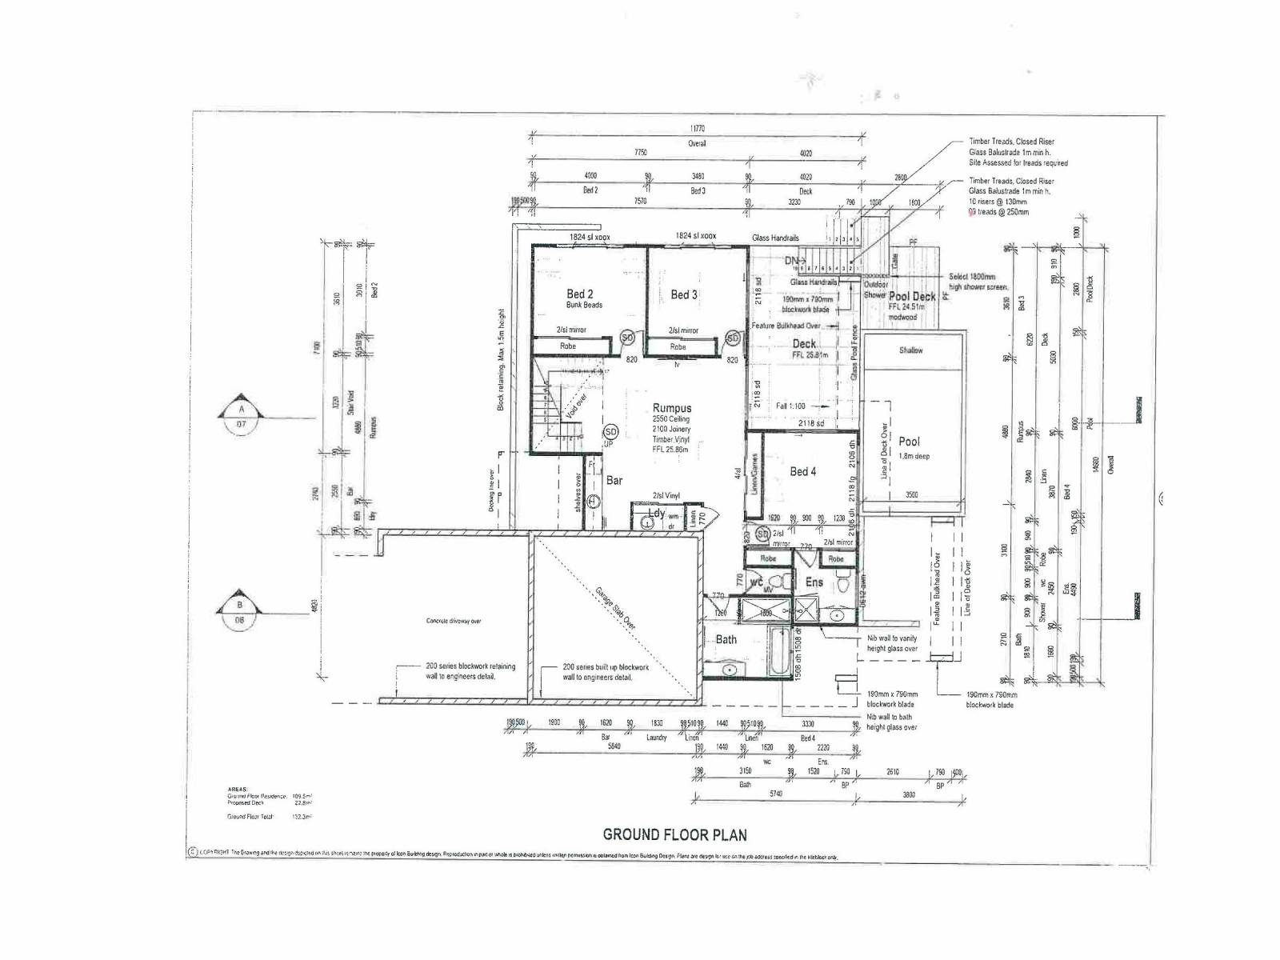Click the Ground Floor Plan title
(x=674, y=834)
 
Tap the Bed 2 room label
(x=580, y=294)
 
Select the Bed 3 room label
(x=684, y=294)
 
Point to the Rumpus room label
(x=672, y=408)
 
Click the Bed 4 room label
(x=802, y=472)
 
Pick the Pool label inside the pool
(x=909, y=441)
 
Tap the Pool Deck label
(x=912, y=296)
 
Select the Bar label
(x=614, y=481)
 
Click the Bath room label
(x=726, y=639)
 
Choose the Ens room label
(x=814, y=582)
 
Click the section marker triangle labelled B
(x=239, y=611)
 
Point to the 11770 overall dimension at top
(x=697, y=129)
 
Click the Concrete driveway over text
(x=454, y=621)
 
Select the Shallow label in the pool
(x=910, y=350)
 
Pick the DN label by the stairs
(x=791, y=261)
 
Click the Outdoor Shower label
(x=875, y=290)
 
